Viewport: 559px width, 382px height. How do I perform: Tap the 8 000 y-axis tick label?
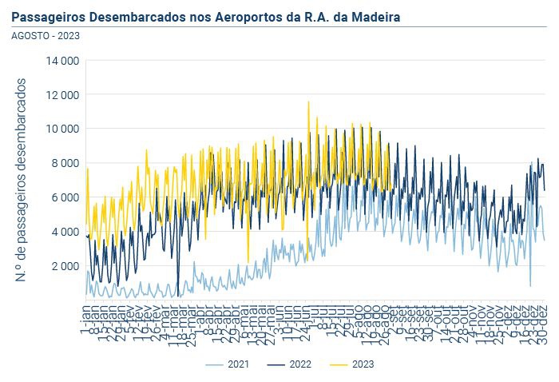point(65,163)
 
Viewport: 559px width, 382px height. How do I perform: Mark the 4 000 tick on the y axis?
point(65,232)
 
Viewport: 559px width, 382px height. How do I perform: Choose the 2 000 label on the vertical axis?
point(65,266)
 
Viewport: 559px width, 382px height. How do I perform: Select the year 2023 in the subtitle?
point(69,35)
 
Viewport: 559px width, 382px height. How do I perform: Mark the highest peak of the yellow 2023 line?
point(308,101)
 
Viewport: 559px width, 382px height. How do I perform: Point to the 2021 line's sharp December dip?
point(530,286)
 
